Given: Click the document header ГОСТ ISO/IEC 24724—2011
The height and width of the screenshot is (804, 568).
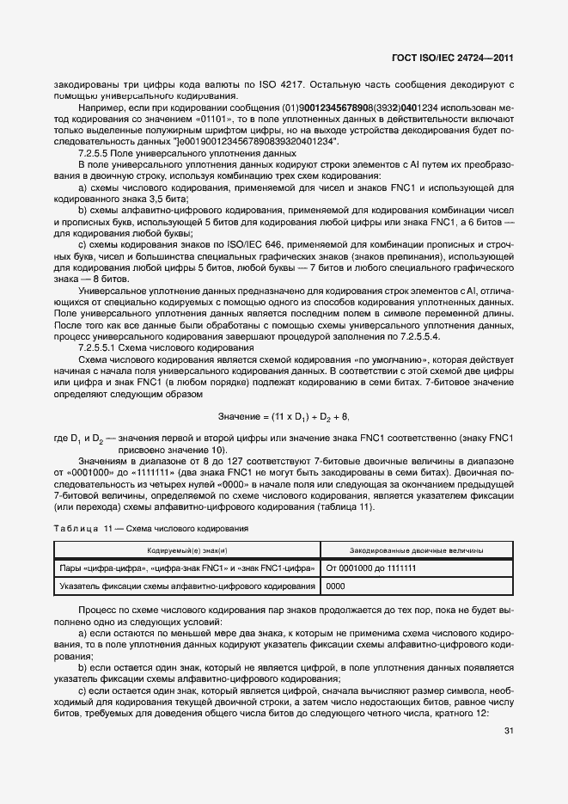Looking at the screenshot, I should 453,57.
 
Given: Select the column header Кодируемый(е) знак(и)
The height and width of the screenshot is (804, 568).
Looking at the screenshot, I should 186,550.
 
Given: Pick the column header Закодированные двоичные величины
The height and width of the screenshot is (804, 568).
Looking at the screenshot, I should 416,550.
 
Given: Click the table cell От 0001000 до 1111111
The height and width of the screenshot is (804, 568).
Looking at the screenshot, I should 371,568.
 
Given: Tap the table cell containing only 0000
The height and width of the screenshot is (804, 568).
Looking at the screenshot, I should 335,586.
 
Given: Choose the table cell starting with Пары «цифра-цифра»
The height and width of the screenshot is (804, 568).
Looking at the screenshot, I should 186,568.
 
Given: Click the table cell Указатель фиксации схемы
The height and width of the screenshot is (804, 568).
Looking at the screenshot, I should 186,586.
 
